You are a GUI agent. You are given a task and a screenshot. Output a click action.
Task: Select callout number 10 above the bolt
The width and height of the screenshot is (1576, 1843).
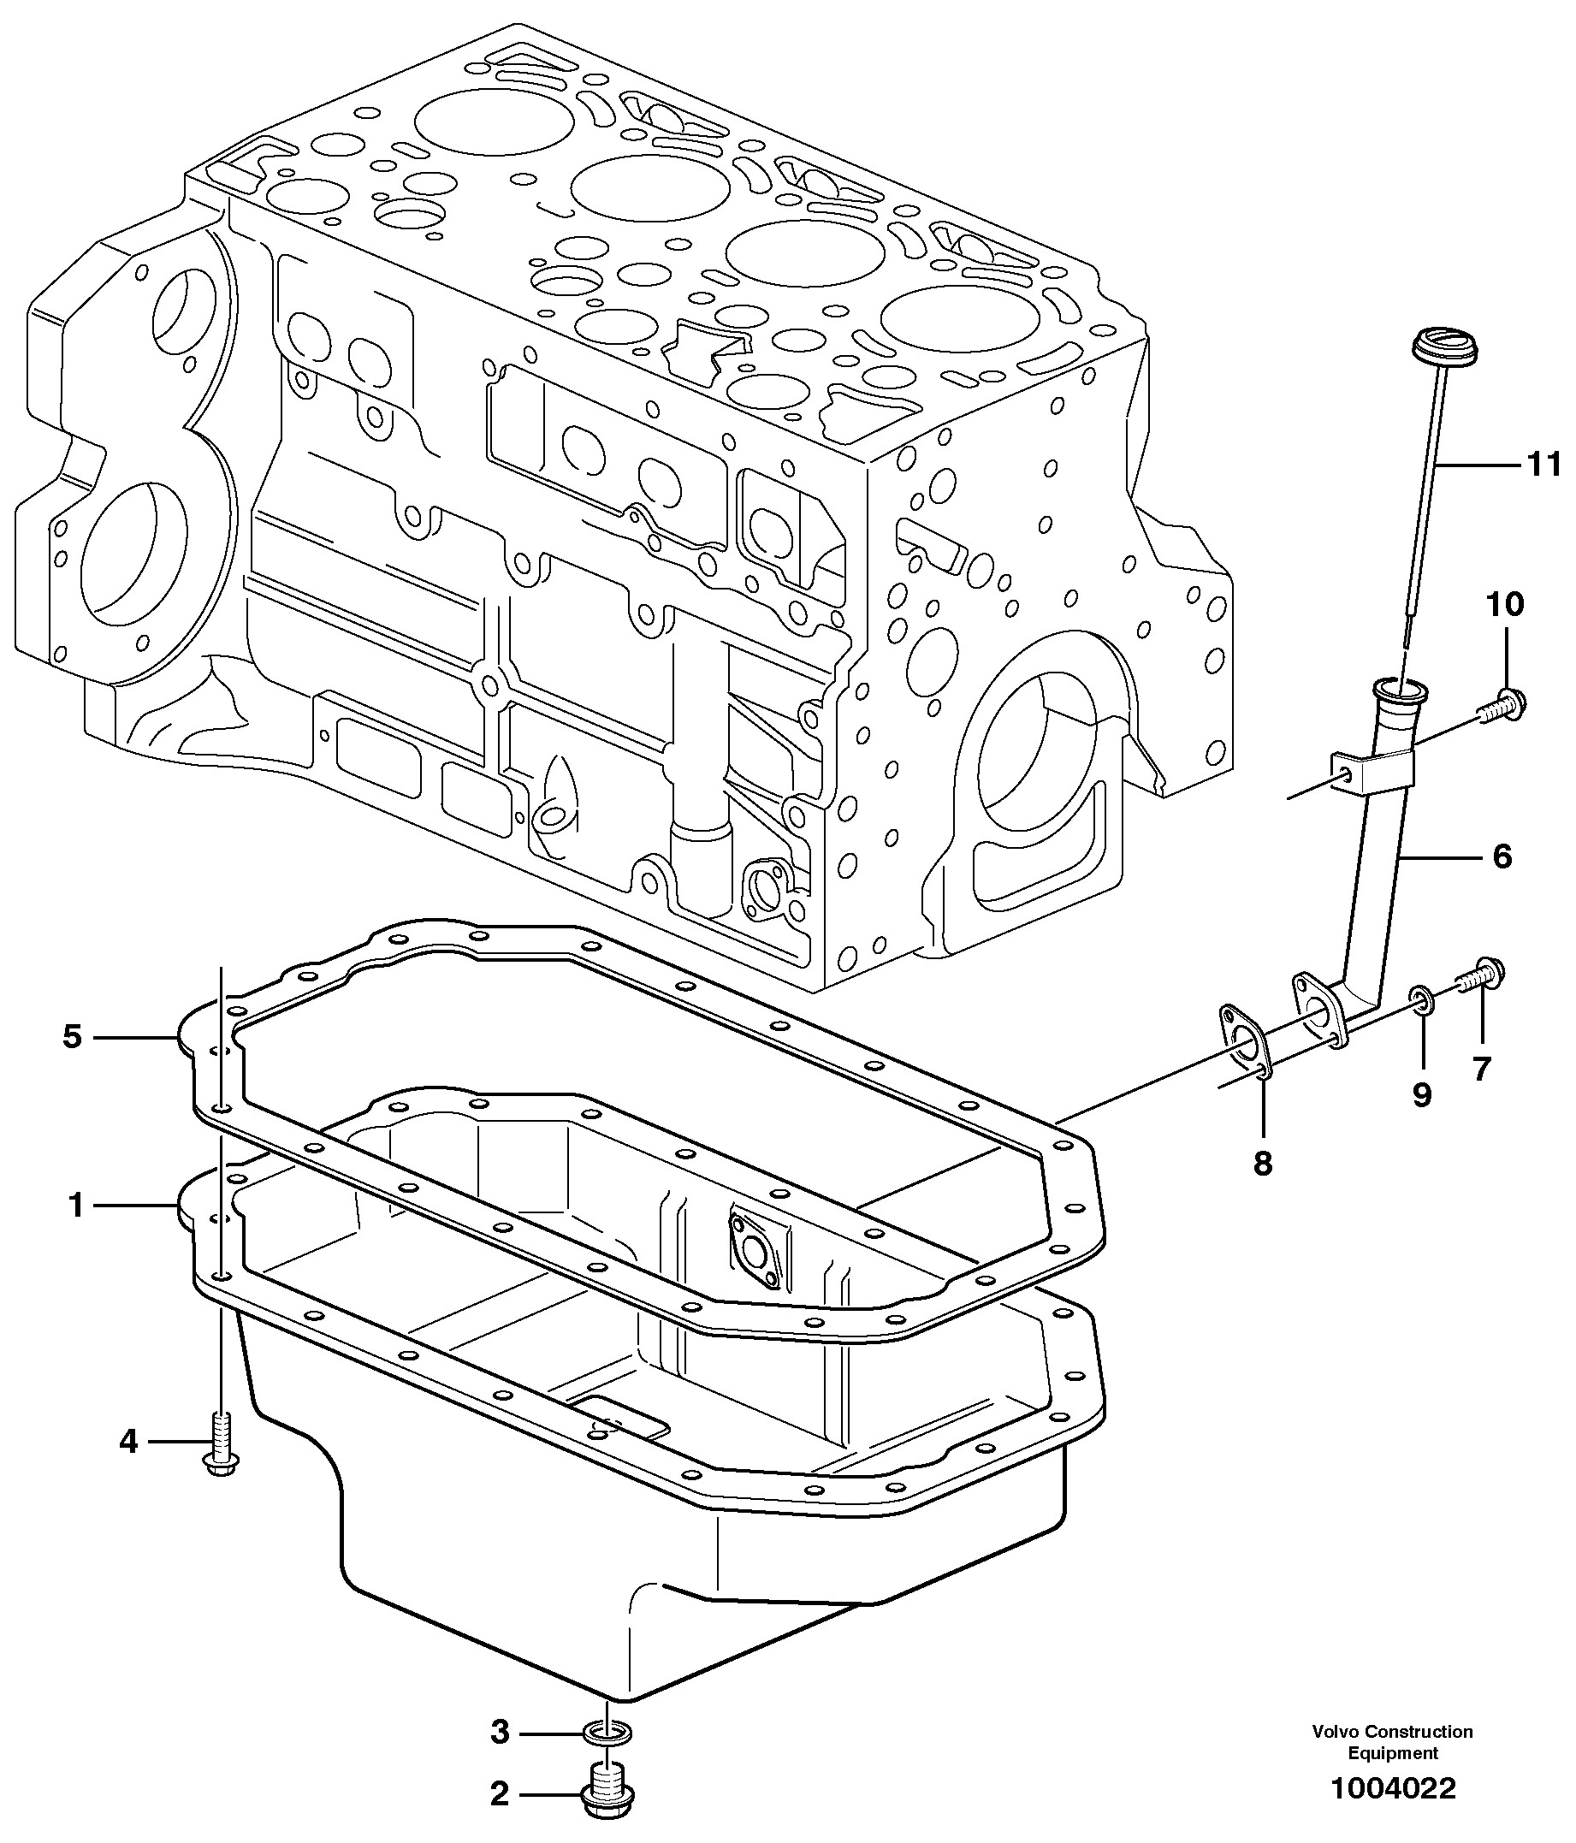tap(1505, 605)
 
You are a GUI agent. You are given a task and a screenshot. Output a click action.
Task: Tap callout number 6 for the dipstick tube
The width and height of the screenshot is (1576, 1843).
tap(1502, 857)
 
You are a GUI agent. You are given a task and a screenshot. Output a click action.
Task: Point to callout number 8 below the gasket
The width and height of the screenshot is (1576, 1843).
tap(1263, 1163)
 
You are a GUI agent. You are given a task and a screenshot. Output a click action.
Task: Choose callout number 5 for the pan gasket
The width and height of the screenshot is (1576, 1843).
tap(72, 1037)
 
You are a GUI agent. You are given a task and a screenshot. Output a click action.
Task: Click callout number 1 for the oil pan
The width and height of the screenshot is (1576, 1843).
tap(75, 1206)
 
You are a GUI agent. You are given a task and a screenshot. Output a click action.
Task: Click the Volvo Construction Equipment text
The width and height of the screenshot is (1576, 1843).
tap(1393, 1739)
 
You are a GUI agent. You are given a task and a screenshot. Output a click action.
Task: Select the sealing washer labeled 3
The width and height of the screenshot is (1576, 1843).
tap(607, 1732)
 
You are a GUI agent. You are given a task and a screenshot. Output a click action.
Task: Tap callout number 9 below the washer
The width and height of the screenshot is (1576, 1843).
tap(1422, 1094)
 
